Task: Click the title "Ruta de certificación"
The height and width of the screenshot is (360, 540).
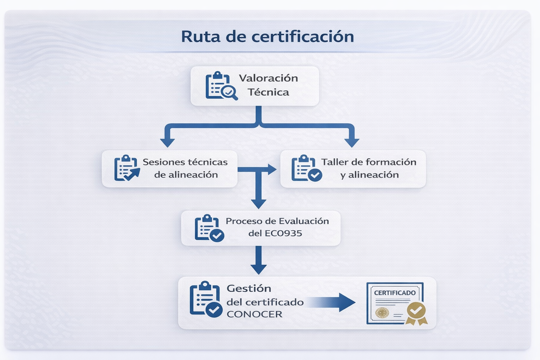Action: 267,37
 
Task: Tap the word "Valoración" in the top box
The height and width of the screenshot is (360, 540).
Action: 268,78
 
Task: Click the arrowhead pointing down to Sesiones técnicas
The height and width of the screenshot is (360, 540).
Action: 167,142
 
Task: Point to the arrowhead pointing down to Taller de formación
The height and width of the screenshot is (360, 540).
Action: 352,142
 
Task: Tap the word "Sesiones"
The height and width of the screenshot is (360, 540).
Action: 163,162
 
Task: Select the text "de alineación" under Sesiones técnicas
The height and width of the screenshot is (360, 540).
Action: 186,175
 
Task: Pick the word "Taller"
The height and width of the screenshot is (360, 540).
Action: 335,162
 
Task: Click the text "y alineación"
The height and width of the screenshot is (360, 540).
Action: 369,175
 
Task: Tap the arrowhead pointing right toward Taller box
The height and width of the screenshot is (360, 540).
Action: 272,169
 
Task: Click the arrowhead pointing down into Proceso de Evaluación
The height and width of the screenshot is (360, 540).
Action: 258,204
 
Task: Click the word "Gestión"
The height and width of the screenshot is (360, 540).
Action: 249,289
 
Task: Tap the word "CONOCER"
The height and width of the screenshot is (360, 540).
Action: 255,314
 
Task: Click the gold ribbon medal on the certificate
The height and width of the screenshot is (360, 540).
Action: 416,313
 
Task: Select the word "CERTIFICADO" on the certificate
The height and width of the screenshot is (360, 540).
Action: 395,293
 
